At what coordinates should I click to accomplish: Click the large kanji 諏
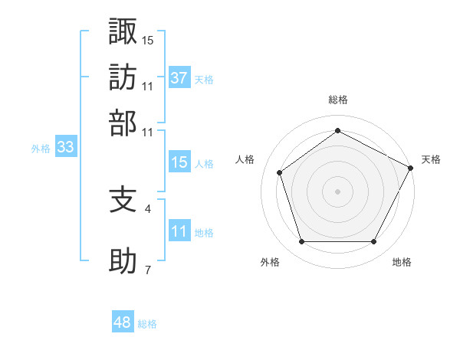[123, 31]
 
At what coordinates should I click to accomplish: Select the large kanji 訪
[123, 77]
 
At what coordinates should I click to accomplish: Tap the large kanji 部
[123, 123]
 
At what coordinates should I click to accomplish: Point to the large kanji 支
[123, 200]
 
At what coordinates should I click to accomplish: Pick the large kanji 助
[123, 260]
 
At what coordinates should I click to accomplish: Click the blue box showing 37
[179, 77]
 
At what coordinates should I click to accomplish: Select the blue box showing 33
[66, 146]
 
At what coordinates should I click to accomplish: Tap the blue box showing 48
[123, 321]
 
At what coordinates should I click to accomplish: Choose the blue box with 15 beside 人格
[179, 162]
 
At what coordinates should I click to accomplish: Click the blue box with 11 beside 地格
[179, 230]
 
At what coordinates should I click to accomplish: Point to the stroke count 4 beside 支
[147, 209]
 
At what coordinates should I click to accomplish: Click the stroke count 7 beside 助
[148, 270]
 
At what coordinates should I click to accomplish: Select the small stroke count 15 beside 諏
[147, 41]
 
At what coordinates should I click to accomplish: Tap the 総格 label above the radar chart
[338, 100]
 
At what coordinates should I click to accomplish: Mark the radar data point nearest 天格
[410, 168]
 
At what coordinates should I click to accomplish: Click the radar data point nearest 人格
[279, 172]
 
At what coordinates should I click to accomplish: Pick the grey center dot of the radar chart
[337, 191]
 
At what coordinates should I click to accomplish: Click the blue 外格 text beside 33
[41, 149]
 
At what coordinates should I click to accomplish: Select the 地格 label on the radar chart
[402, 262]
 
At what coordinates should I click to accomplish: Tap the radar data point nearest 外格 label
[302, 242]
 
